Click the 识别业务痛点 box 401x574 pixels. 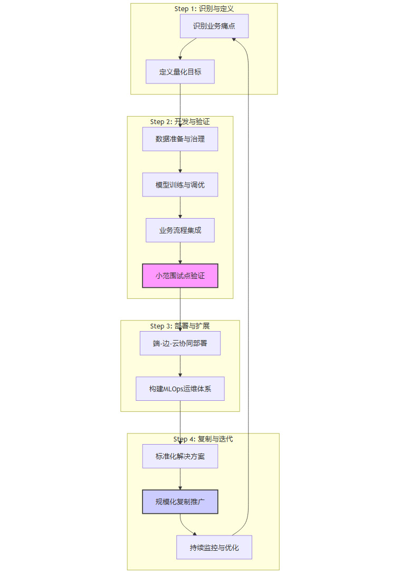click(214, 26)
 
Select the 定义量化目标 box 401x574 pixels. click(180, 72)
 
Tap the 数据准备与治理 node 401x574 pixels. click(180, 139)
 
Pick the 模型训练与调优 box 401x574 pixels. click(180, 185)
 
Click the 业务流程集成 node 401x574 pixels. click(180, 230)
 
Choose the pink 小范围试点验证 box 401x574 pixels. click(180, 276)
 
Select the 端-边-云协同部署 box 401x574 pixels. click(180, 343)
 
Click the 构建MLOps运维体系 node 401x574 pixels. click(180, 389)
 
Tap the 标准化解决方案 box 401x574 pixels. click(180, 456)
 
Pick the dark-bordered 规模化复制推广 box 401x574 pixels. click(180, 502)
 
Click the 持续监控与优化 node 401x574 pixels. click(214, 547)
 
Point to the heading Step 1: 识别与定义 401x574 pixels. click(204, 9)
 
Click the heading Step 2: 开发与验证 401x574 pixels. click(180, 122)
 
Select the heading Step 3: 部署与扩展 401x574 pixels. click(180, 326)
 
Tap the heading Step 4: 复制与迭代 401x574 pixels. click(203, 439)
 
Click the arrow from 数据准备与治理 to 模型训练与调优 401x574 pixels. click(180, 162)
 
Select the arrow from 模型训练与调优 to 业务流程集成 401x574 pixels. click(180, 208)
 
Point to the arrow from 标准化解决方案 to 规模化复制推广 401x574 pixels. click(180, 479)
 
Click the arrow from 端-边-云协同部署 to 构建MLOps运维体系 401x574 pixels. click(180, 366)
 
